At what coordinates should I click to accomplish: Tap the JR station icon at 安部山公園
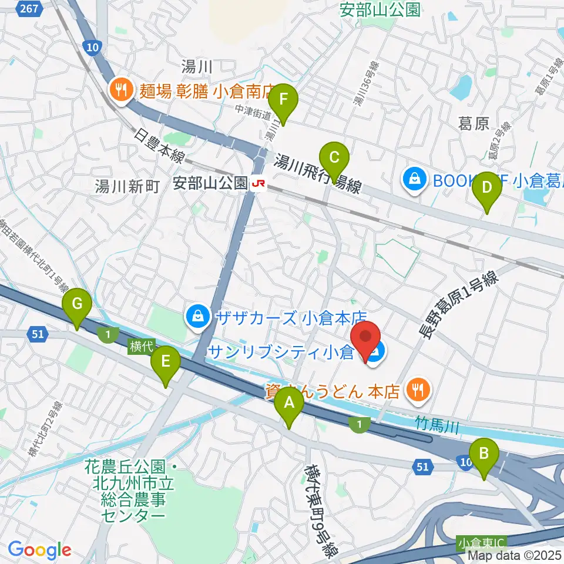[257, 184]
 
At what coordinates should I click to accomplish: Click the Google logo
[39, 550]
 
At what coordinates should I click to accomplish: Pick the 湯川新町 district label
[127, 187]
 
